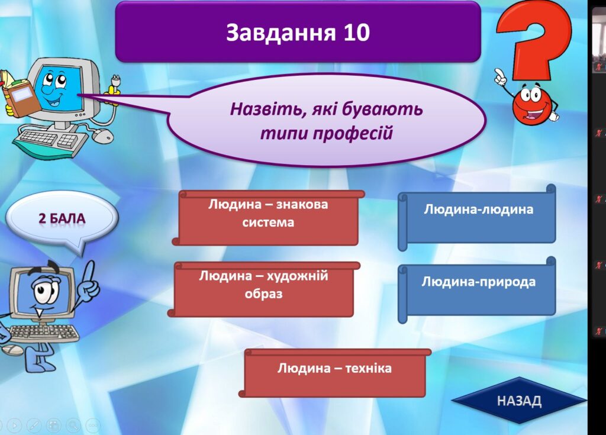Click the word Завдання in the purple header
(x=281, y=32)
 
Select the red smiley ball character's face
(x=533, y=104)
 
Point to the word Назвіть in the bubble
(x=266, y=109)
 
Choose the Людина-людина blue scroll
(x=478, y=217)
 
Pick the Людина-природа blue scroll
(x=478, y=289)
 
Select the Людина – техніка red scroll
(x=335, y=373)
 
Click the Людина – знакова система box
(x=268, y=218)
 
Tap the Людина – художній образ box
(x=263, y=289)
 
